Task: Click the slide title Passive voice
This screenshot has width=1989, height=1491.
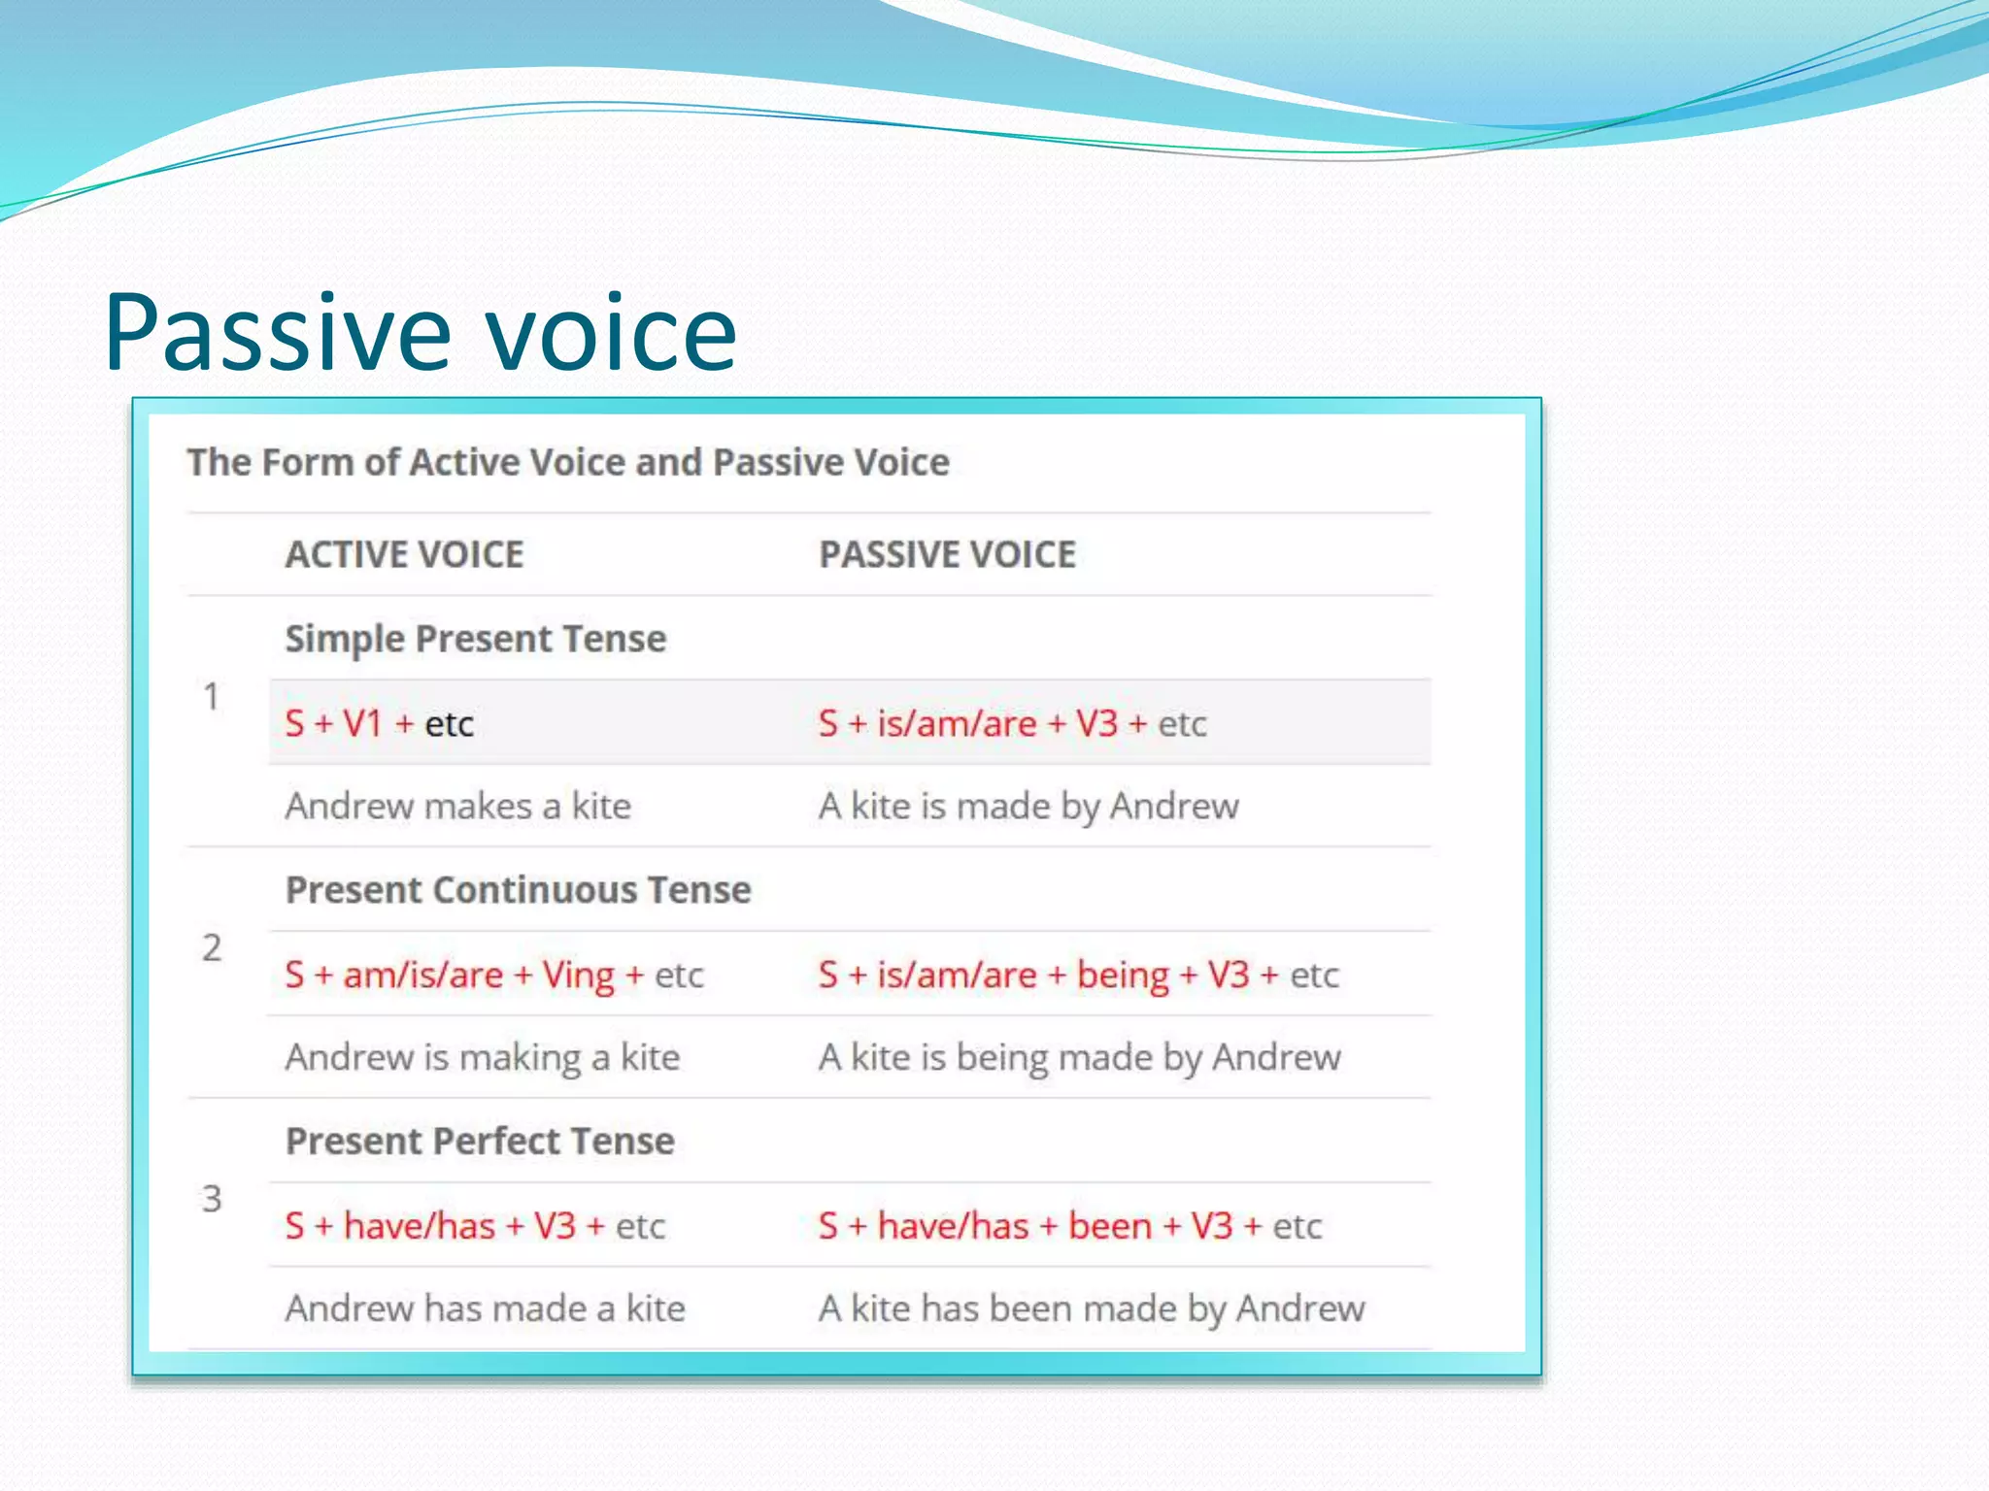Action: pyautogui.click(x=420, y=333)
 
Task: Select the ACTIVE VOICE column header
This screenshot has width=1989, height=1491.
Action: pyautogui.click(x=404, y=554)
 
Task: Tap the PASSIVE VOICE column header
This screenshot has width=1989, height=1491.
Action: pyautogui.click(x=947, y=554)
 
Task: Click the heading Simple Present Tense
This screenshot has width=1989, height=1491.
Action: pyautogui.click(x=476, y=639)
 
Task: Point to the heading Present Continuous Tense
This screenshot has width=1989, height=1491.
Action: pyautogui.click(x=518, y=890)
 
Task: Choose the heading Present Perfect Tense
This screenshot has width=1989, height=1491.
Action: pyautogui.click(x=480, y=1141)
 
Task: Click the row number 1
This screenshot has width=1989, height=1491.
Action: pyautogui.click(x=211, y=696)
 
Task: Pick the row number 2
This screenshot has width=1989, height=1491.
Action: pyautogui.click(x=212, y=947)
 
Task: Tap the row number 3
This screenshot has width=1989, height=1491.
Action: pyautogui.click(x=212, y=1199)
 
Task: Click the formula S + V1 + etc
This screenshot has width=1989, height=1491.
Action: pyautogui.click(x=379, y=724)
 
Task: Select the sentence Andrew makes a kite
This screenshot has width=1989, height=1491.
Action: pyautogui.click(x=457, y=807)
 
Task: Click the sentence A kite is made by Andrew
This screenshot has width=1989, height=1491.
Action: pyautogui.click(x=1028, y=807)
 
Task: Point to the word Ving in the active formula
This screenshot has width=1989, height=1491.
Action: pyautogui.click(x=578, y=976)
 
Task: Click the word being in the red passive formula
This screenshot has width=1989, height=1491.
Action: pyautogui.click(x=1123, y=976)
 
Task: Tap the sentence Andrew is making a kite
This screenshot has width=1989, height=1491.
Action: pyautogui.click(x=482, y=1057)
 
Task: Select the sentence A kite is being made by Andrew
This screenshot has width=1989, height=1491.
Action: pyautogui.click(x=1079, y=1057)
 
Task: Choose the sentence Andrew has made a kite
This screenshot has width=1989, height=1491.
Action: pyautogui.click(x=485, y=1309)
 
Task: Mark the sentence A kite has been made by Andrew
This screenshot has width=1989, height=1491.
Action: pyautogui.click(x=1091, y=1309)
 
